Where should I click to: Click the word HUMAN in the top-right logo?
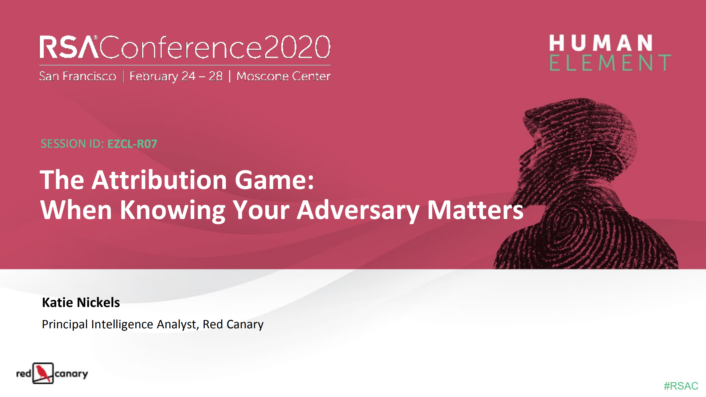(x=601, y=43)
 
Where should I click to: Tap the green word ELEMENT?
(x=610, y=63)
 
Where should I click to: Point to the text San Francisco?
(x=78, y=76)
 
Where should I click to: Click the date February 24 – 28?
(x=176, y=76)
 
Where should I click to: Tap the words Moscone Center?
(x=283, y=76)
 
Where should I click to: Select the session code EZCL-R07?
(x=132, y=144)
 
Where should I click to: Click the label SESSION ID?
(x=72, y=144)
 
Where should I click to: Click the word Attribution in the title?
(x=159, y=180)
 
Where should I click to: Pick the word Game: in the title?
(x=274, y=180)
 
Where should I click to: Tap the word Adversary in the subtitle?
(x=358, y=210)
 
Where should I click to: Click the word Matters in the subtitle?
(x=475, y=210)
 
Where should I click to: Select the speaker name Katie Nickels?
(x=81, y=302)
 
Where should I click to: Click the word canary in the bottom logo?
(x=71, y=374)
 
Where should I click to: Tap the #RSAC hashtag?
(x=681, y=386)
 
